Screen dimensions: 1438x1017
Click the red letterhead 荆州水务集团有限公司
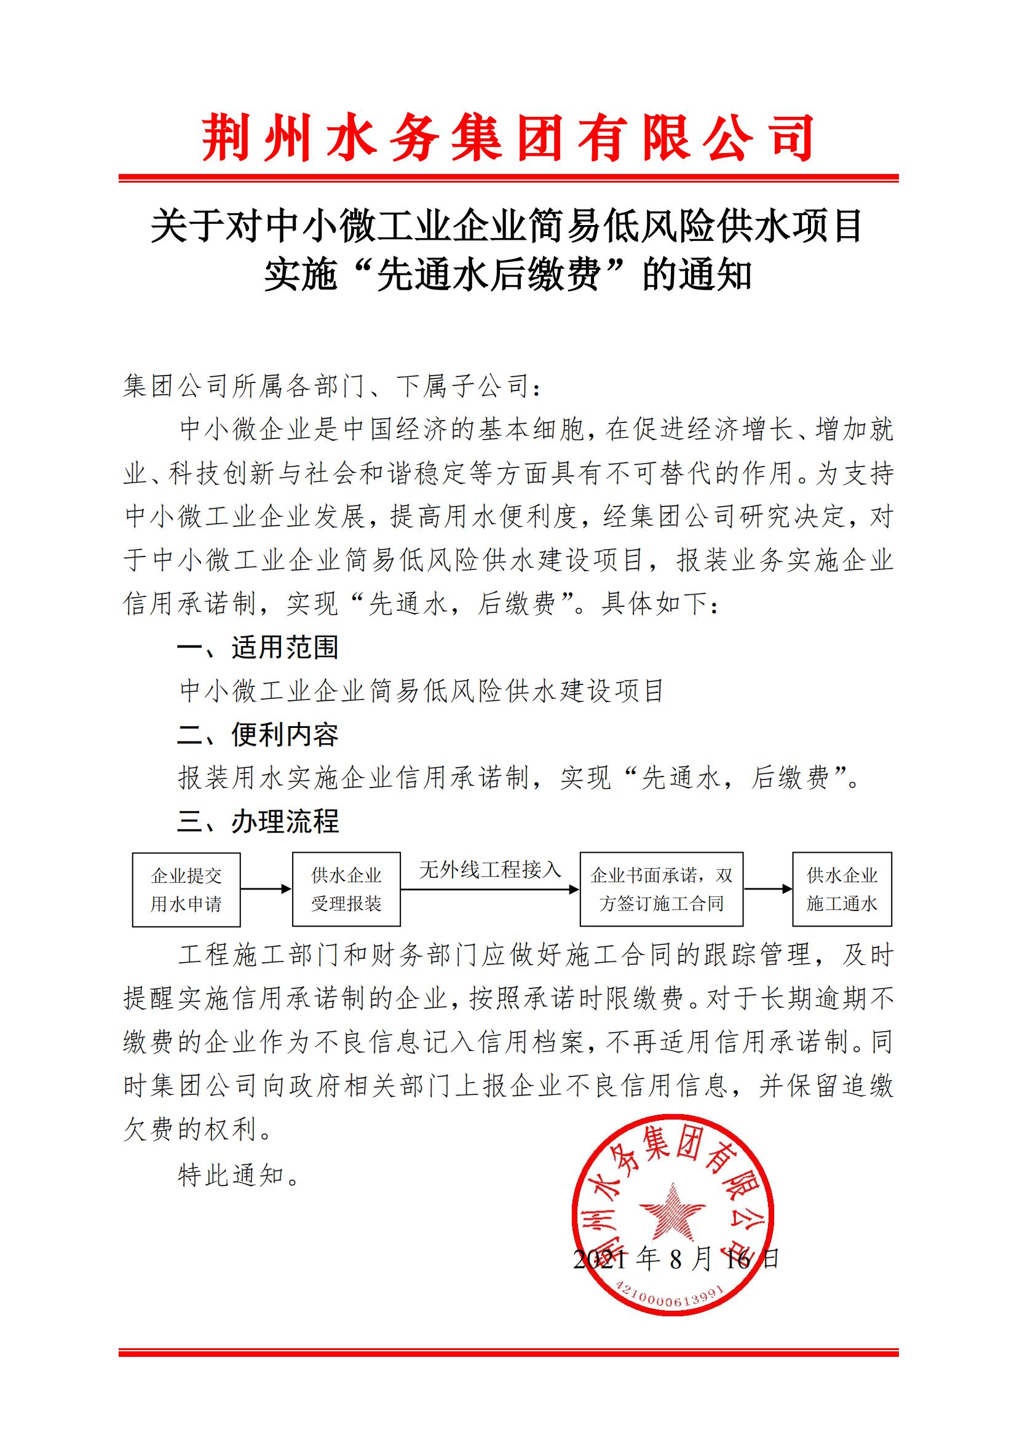[x=508, y=137]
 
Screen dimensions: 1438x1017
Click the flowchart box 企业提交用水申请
[x=186, y=890]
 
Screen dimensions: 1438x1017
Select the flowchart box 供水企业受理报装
[x=346, y=890]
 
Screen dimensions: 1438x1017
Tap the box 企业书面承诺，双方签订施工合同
[x=662, y=890]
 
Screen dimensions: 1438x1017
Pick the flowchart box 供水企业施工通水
[x=842, y=890]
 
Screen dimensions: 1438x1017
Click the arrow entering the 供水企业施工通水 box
[x=768, y=889]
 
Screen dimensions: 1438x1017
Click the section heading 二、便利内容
[x=258, y=735]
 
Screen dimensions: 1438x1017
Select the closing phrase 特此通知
[x=239, y=1175]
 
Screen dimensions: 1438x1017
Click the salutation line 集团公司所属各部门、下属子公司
[x=332, y=387]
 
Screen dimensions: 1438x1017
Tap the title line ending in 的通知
[x=508, y=275]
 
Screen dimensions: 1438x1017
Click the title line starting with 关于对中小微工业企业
[x=508, y=226]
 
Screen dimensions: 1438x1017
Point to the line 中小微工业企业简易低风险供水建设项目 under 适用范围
[x=421, y=691]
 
